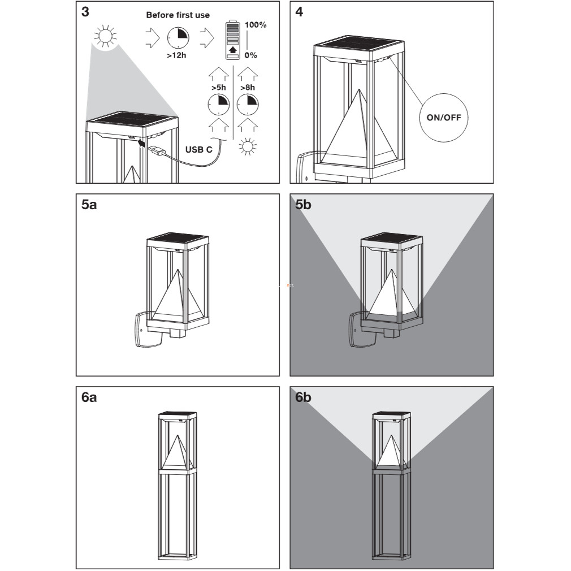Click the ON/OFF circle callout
[x=444, y=117]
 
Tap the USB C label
[x=198, y=150]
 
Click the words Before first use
[x=178, y=15]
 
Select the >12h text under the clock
[x=176, y=55]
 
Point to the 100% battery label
[x=256, y=25]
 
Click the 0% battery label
[x=250, y=55]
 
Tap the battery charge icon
[x=233, y=40]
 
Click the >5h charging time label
[x=218, y=88]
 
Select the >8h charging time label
[x=248, y=88]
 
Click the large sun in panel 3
[x=105, y=36]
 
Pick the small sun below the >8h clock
[x=248, y=147]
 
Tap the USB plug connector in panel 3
[x=157, y=150]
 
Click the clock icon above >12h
[x=178, y=38]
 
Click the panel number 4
[x=299, y=12]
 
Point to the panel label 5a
[x=89, y=205]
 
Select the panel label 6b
[x=303, y=397]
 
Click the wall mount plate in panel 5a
[x=146, y=330]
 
